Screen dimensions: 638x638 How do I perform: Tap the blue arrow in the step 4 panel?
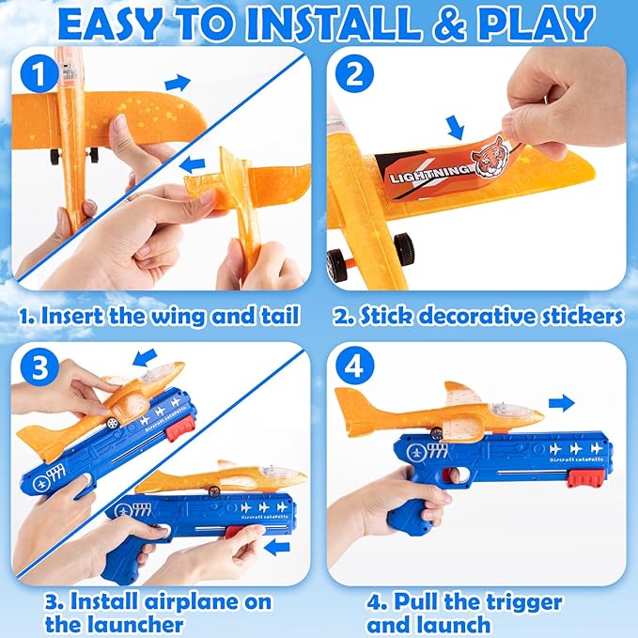tap(561, 402)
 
